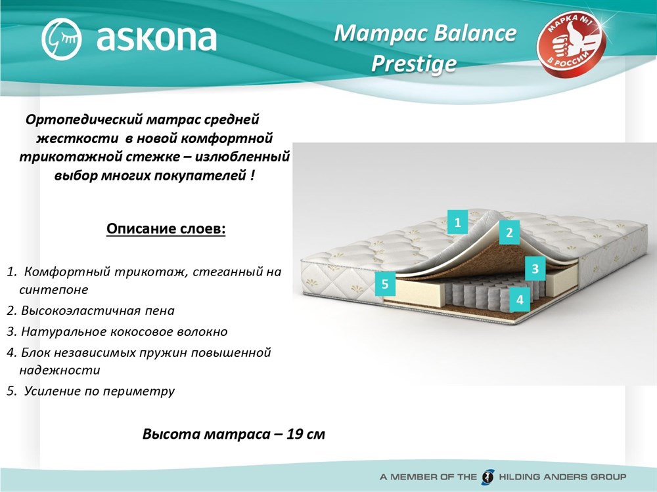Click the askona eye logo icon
(x=61, y=39)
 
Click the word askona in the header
(x=156, y=38)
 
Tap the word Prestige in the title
(x=413, y=64)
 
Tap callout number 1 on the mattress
(x=457, y=222)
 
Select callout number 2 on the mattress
(x=509, y=232)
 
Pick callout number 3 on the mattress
(x=535, y=268)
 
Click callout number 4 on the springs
(x=520, y=300)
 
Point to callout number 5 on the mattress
(x=385, y=284)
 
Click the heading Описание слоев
(x=166, y=229)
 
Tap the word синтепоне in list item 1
(x=54, y=289)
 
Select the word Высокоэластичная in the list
(x=81, y=311)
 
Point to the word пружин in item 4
(x=165, y=353)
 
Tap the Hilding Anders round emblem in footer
(x=487, y=476)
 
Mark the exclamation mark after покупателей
(x=252, y=175)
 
